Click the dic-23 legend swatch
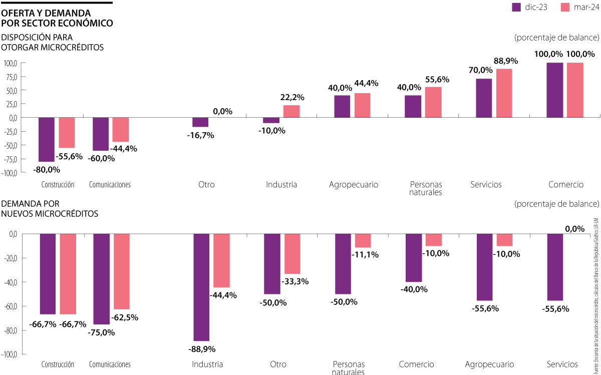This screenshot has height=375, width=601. (x=516, y=7)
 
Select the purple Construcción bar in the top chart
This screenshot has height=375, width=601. (x=47, y=139)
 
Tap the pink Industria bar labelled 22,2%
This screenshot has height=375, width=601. (x=291, y=111)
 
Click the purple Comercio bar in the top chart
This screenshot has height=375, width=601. (x=554, y=90)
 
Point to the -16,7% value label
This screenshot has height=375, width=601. (x=200, y=135)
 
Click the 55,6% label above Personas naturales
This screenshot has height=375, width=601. (x=437, y=79)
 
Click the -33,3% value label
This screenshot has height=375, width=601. (x=295, y=281)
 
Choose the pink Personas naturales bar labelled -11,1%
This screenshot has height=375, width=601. (x=363, y=241)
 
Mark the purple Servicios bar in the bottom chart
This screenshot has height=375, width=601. (x=555, y=267)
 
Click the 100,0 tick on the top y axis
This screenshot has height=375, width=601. (x=11, y=63)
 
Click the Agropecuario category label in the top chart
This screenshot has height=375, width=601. (x=354, y=185)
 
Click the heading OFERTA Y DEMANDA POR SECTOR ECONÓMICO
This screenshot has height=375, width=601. (x=57, y=18)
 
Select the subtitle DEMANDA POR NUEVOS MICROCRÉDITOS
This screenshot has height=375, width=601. (x=50, y=209)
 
